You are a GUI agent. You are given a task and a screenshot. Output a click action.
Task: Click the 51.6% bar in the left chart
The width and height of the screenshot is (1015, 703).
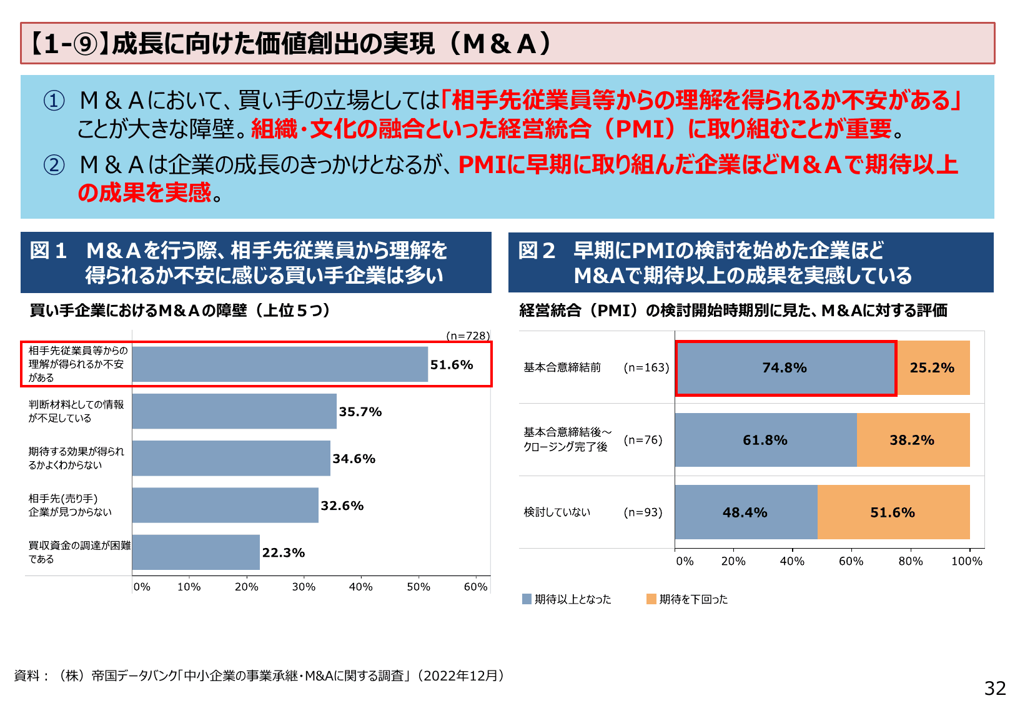280,364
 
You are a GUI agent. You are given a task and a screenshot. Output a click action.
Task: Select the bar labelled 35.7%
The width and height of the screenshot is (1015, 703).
234,411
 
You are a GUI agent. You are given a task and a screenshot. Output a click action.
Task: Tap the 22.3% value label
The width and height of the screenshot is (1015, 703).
284,552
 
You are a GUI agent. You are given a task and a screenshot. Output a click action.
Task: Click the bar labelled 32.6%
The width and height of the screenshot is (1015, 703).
225,505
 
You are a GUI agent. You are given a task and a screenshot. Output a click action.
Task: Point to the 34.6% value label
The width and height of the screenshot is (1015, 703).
354,459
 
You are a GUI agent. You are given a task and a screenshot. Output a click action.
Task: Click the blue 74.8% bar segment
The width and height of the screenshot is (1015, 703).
785,368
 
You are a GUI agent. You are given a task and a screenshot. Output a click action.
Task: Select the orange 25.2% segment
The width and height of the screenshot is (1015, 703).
933,368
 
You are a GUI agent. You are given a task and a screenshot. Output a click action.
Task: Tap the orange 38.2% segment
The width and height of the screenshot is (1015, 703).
913,440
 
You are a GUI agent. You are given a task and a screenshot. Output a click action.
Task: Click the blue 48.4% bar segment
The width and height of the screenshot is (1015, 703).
746,512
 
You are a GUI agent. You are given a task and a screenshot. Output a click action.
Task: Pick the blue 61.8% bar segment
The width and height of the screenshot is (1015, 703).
766,440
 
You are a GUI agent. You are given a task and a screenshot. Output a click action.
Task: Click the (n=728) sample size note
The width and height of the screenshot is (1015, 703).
468,336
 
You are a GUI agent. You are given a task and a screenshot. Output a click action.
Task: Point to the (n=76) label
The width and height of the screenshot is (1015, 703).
643,440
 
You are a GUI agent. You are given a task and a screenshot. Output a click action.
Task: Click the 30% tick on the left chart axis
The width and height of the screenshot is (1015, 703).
304,587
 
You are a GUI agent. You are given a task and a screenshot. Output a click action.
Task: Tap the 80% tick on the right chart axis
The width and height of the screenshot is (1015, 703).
910,561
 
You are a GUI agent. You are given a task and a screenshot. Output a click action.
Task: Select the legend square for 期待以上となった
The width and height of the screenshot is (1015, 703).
527,599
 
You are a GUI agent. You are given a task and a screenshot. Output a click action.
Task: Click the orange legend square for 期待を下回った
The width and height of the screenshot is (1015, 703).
651,599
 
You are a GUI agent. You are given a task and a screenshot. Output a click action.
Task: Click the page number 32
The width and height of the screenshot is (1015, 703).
995,688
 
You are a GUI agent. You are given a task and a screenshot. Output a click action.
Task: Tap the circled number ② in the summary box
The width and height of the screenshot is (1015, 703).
54,165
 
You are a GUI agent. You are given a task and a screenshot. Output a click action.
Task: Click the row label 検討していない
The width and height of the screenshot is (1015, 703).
557,512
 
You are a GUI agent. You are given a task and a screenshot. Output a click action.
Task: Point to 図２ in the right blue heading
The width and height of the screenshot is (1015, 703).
537,251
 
